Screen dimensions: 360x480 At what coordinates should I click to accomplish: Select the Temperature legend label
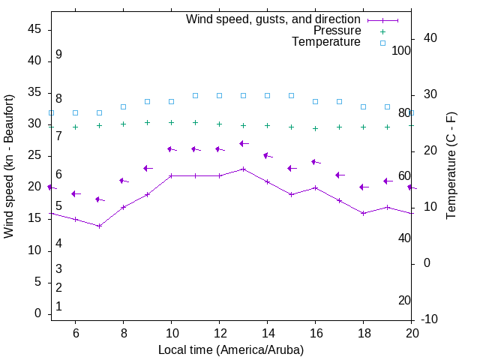click(326, 42)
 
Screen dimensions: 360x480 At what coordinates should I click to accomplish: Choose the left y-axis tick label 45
click(34, 28)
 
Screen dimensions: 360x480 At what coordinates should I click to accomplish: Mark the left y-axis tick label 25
click(34, 155)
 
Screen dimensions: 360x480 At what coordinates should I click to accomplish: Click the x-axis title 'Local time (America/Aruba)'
click(231, 349)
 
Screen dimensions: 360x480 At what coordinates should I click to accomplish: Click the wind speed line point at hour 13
click(243, 169)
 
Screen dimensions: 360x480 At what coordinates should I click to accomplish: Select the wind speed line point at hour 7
click(99, 226)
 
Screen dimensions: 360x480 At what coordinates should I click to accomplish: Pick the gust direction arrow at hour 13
click(243, 143)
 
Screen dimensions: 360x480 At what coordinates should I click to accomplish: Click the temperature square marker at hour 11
click(195, 95)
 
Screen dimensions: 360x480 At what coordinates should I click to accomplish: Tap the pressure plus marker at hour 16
click(315, 128)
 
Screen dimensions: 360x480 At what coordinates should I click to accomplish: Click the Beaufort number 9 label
click(58, 55)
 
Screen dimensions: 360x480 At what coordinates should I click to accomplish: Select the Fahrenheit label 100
click(401, 50)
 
